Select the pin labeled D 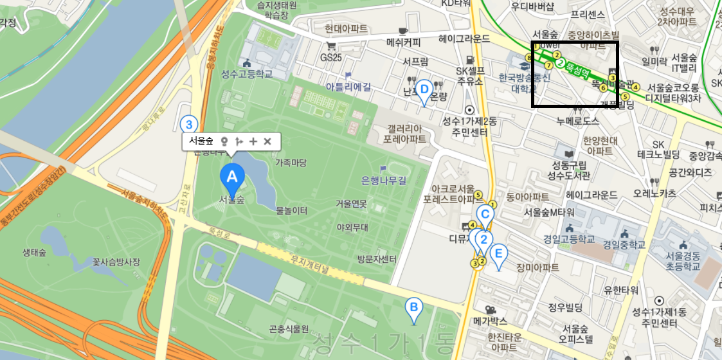tap(424, 90)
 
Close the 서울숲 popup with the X tap(267, 141)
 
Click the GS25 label tap(332, 57)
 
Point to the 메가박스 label tap(491, 320)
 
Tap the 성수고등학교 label tap(246, 74)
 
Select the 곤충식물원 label tap(289, 329)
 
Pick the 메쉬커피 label tap(403, 42)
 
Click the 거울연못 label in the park tap(351, 204)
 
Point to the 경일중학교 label tap(624, 244)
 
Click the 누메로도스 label tap(578, 121)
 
